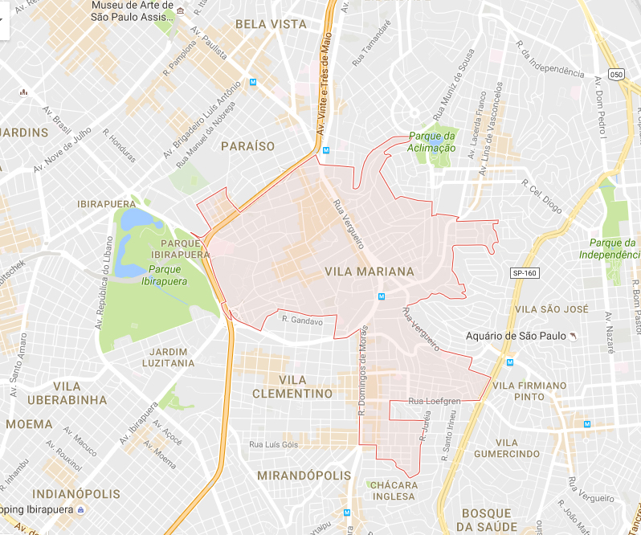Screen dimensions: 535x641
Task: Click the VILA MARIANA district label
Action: coord(369,272)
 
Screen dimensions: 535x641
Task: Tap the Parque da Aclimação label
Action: coord(431,141)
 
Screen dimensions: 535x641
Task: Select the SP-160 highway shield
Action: coord(524,273)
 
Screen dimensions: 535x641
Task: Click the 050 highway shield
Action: coord(616,74)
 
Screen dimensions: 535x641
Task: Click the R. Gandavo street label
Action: coord(302,321)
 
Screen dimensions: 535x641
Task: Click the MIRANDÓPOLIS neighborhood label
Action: coord(304,476)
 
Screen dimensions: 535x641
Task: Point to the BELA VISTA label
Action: coord(271,25)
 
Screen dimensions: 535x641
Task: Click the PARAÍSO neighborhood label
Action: coord(248,146)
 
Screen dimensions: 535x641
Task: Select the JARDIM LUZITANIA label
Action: coord(173,357)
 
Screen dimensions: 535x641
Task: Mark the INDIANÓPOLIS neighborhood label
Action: coord(76,493)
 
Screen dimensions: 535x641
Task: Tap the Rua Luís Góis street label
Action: coord(274,444)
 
